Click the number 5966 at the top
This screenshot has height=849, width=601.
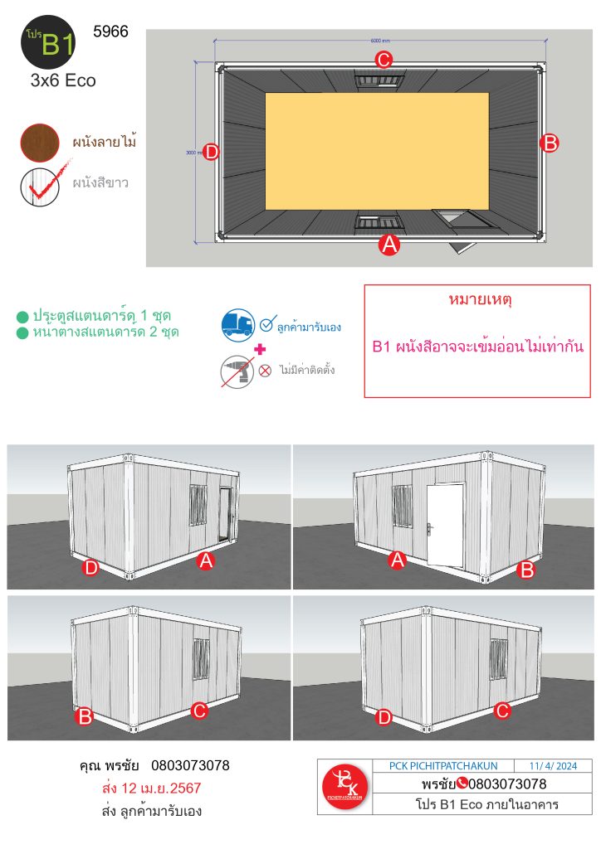(x=112, y=33)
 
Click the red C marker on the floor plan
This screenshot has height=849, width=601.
(x=384, y=60)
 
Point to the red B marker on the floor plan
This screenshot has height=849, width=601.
(x=549, y=143)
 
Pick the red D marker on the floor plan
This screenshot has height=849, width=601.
(x=211, y=152)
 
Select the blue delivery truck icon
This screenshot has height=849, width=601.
(x=238, y=326)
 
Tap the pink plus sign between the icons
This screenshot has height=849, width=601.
(x=260, y=348)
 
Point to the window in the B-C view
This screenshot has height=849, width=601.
(x=201, y=658)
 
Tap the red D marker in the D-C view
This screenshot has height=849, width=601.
(x=384, y=717)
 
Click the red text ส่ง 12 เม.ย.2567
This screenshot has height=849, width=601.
(x=154, y=788)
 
